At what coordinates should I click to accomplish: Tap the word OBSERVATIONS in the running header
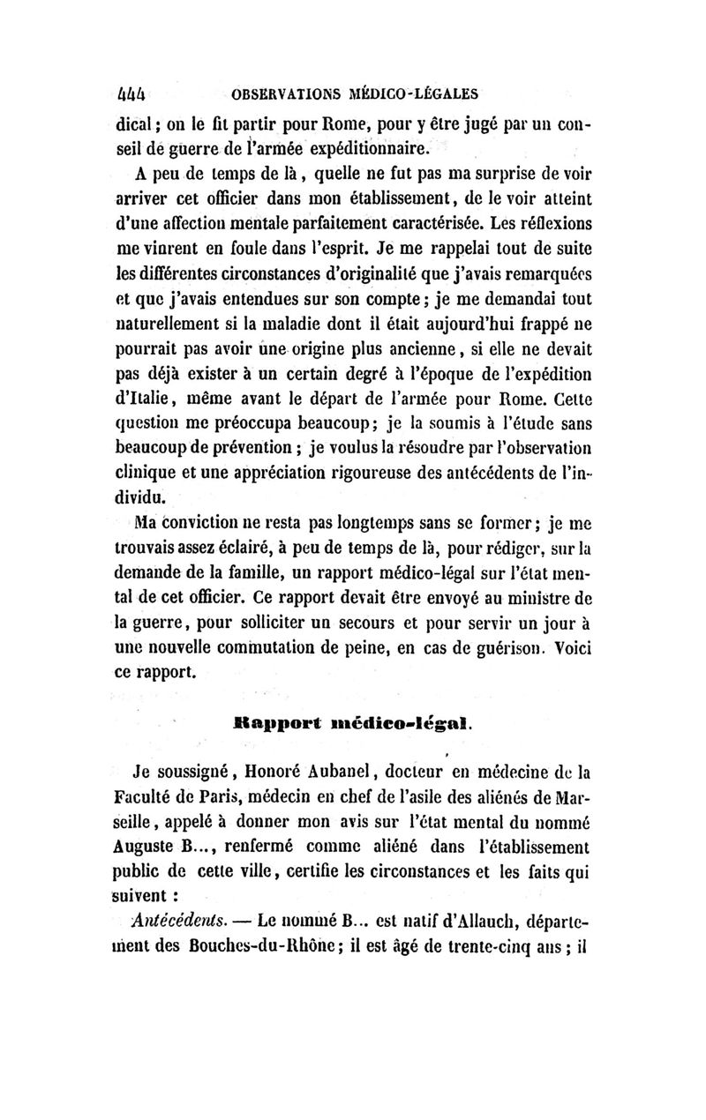click(x=276, y=92)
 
